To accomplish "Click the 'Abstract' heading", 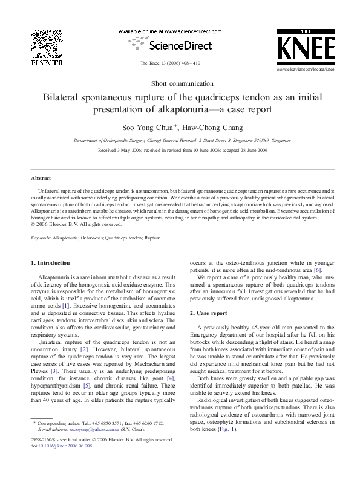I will [41, 178].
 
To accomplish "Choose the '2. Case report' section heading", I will [209, 313].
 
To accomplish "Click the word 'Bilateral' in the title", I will [62, 97].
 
